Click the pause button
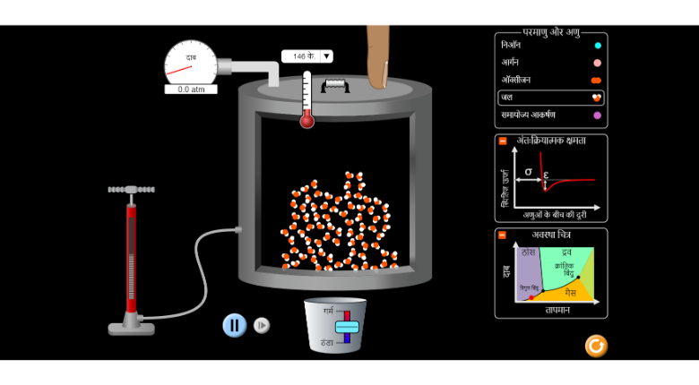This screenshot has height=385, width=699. pos(234,325)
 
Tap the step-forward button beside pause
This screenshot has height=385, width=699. pos(262,325)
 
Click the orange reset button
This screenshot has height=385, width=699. pos(596,346)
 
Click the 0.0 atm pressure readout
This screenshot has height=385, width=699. pos(191,90)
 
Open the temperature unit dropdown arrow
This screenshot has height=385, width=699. pos(326,56)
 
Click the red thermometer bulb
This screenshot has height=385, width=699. pos(307,120)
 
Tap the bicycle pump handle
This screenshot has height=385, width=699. pos(131,190)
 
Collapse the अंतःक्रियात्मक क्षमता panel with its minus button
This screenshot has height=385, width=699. pos(503,141)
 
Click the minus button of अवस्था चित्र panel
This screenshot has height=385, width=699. pos(503,235)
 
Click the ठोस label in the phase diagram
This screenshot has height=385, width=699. pos(528,253)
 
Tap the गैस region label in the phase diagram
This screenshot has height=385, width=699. pos(569,292)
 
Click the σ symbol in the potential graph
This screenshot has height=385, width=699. pos(528,170)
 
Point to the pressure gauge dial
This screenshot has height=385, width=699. pos(190,63)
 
